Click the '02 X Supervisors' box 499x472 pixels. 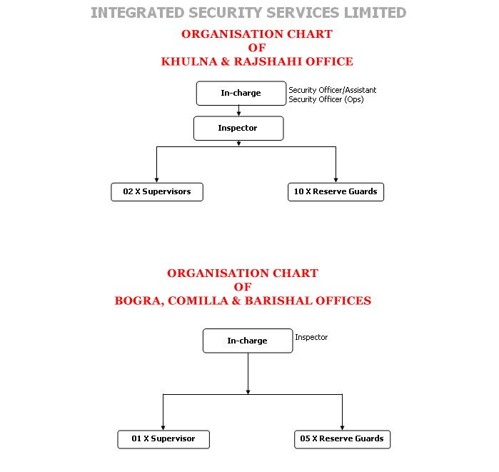[157, 192]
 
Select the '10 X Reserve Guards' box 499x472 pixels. [336, 192]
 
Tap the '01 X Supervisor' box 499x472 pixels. [163, 439]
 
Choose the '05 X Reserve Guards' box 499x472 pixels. [342, 439]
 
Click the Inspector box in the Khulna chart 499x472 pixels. [238, 129]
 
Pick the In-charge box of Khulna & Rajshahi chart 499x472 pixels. [241, 94]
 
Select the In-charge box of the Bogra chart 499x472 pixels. [248, 341]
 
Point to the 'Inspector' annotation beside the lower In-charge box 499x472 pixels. [311, 337]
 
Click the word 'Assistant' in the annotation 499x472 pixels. [361, 90]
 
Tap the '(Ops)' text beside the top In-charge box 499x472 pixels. [354, 100]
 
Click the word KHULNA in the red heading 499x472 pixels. [189, 61]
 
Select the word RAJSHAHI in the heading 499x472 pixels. [268, 61]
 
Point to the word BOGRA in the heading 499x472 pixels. [139, 301]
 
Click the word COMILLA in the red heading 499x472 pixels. [198, 301]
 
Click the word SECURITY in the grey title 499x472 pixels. [226, 13]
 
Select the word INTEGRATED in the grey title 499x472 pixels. [138, 13]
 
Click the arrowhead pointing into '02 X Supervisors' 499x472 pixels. [156, 180]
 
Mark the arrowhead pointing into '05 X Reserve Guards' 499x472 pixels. [342, 428]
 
